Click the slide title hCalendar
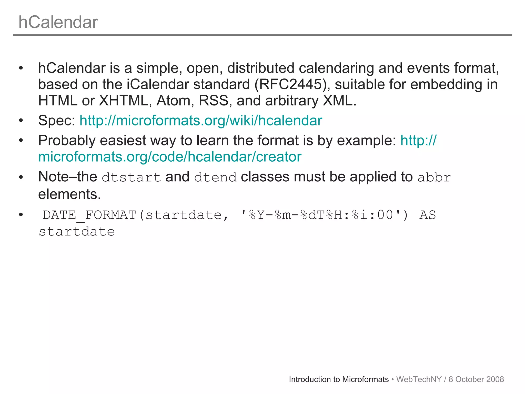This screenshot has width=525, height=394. tap(58, 22)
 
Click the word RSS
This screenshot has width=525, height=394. tap(214, 101)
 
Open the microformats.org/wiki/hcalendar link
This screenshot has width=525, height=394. tap(201, 121)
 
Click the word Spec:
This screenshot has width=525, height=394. tap(57, 121)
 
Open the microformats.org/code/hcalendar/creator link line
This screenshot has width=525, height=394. tap(170, 157)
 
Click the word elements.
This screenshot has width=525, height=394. tap(69, 194)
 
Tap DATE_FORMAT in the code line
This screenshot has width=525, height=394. tap(89, 215)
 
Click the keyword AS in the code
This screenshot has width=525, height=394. tap(427, 215)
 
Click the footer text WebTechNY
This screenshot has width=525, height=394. tap(419, 379)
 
